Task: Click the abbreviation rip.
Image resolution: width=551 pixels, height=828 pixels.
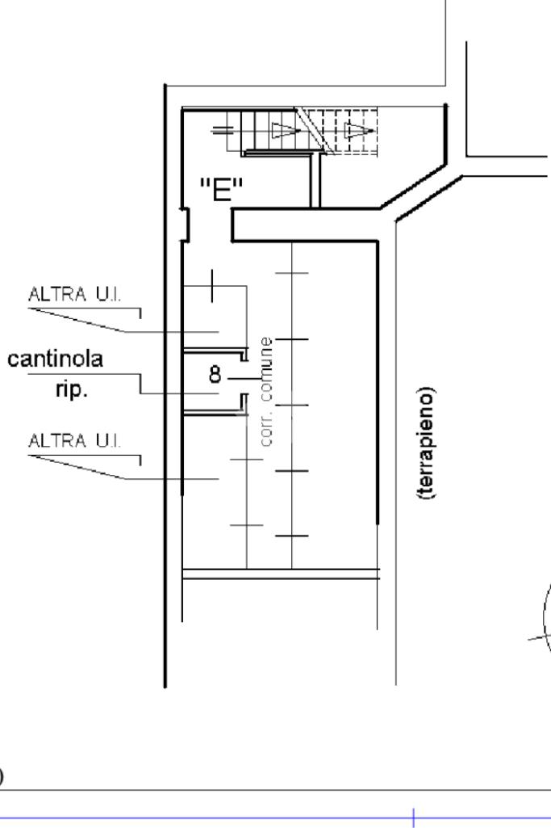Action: (68, 390)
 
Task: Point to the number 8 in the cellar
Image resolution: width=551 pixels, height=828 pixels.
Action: (215, 375)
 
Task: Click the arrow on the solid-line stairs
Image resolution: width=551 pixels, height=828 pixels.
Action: (283, 129)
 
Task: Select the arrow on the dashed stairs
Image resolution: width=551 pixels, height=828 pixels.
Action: (357, 129)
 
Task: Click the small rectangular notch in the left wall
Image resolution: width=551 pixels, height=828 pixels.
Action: (185, 225)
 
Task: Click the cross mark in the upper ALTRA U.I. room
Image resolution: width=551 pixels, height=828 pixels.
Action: (212, 286)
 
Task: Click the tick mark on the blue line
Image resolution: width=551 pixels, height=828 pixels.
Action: (414, 817)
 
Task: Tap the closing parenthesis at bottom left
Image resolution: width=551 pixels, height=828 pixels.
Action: (2, 776)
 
